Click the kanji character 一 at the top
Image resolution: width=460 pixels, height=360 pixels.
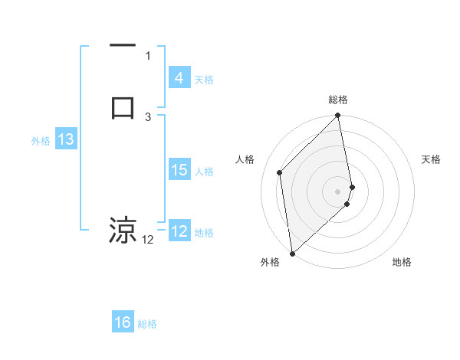123,46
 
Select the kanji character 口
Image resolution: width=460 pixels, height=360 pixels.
123,106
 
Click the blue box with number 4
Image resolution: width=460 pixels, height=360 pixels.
179,78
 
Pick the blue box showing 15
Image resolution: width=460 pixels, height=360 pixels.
179,170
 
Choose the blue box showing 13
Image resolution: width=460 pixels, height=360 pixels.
65,139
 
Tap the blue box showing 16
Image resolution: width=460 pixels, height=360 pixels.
123,322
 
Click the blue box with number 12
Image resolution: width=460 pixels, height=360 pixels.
179,231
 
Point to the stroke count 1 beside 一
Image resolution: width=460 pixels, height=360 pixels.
148,55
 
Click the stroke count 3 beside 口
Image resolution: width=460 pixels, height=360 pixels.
148,116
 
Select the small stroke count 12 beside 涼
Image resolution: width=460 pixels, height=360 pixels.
148,241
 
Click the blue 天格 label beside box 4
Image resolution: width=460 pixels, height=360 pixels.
204,80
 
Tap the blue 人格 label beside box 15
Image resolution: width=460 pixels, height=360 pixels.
204,172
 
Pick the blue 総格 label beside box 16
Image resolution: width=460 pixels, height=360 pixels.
147,324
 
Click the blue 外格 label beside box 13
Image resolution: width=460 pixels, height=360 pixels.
41,141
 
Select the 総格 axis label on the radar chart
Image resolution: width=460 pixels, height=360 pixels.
338,100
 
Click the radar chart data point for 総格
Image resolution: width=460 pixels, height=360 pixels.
338,116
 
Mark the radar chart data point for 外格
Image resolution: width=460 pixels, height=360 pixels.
291,253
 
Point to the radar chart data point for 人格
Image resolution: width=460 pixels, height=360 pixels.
280,172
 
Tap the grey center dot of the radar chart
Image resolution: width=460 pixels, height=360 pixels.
338,191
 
